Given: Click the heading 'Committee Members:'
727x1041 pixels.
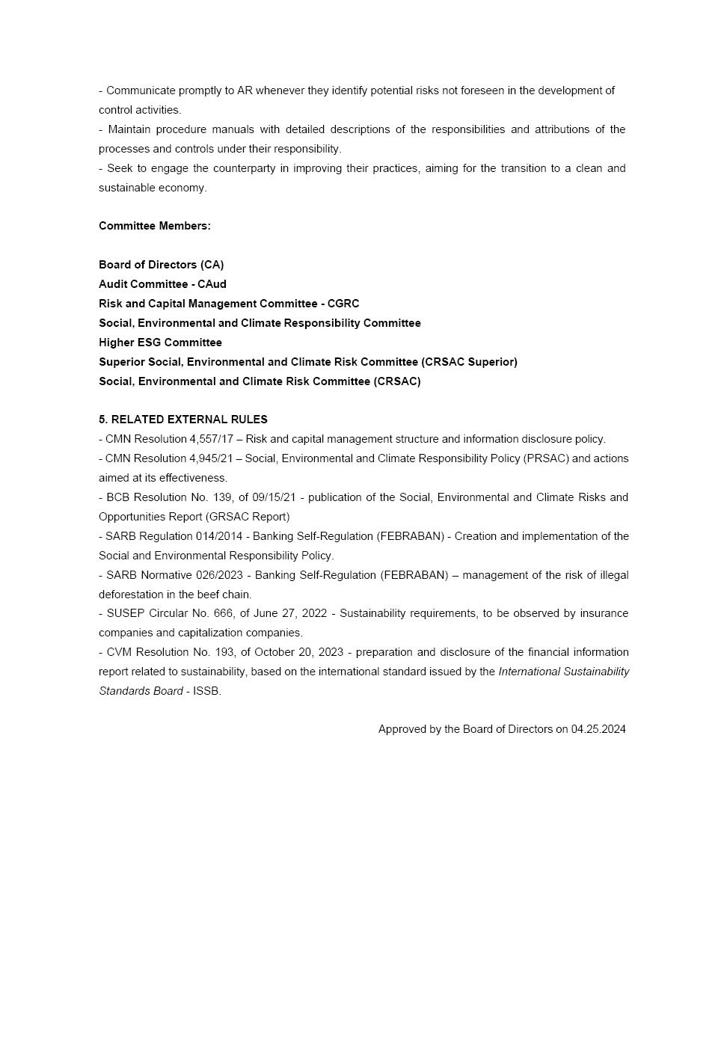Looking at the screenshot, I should pyautogui.click(x=154, y=226).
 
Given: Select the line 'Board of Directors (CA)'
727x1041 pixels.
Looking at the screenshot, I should pyautogui.click(x=161, y=265).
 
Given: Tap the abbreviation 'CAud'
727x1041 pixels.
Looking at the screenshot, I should pyautogui.click(x=212, y=284).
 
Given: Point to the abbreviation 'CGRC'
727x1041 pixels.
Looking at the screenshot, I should pyautogui.click(x=343, y=304).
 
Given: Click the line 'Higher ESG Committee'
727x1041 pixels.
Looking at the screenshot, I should pyautogui.click(x=160, y=343).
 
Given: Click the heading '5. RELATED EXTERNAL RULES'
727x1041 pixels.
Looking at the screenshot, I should pyautogui.click(x=182, y=420).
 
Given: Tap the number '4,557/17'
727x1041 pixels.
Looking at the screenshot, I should pyautogui.click(x=212, y=439).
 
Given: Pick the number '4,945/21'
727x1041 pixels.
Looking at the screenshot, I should pyautogui.click(x=212, y=458).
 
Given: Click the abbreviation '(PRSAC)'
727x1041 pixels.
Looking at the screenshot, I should pyautogui.click(x=546, y=458).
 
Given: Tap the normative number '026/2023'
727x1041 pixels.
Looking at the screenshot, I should pyautogui.click(x=224, y=575).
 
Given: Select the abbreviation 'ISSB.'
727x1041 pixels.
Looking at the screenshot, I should pyautogui.click(x=207, y=691).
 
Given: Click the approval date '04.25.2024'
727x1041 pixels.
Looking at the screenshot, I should pyautogui.click(x=598, y=729).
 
